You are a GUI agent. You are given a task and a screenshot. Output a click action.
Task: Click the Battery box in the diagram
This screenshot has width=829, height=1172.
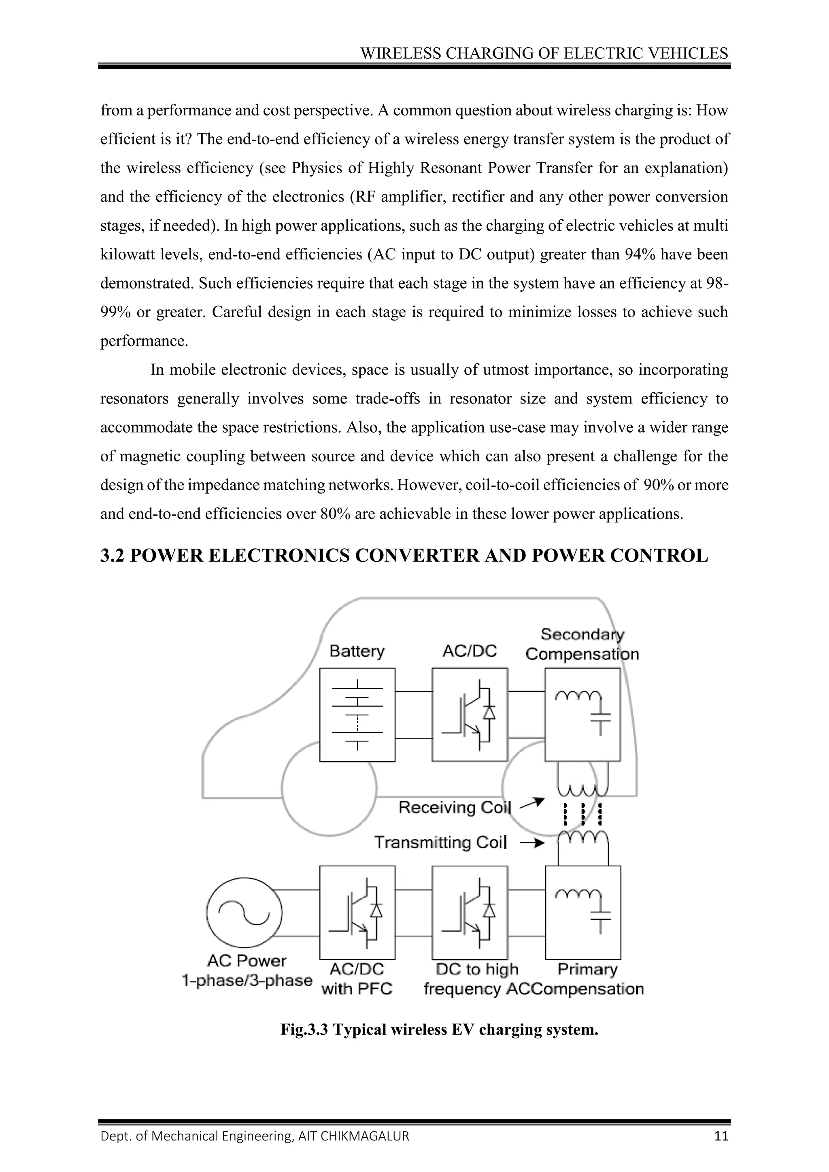click(x=357, y=714)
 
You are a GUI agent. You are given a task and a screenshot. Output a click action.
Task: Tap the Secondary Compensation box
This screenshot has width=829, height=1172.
click(x=583, y=714)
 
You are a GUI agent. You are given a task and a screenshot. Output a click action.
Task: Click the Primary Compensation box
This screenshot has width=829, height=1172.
click(x=583, y=912)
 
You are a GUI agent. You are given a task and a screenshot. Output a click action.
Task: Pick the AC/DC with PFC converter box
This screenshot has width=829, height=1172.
click(x=357, y=912)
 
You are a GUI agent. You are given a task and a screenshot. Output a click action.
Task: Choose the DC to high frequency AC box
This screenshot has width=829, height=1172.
click(x=470, y=912)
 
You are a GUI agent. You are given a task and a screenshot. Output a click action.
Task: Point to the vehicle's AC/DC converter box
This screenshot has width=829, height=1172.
click(x=470, y=714)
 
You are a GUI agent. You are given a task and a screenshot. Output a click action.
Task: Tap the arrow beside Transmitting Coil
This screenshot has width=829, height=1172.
click(x=532, y=844)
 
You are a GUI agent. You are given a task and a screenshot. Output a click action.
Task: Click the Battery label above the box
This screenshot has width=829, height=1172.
click(x=357, y=651)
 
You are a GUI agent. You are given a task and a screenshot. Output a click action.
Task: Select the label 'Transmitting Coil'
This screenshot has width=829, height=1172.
click(x=440, y=842)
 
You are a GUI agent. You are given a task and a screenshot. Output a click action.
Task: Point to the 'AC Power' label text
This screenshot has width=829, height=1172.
click(x=247, y=960)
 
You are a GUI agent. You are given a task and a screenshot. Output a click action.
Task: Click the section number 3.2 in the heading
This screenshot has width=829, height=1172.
click(x=112, y=555)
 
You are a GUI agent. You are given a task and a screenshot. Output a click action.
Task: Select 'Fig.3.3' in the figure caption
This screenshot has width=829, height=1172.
click(x=304, y=1029)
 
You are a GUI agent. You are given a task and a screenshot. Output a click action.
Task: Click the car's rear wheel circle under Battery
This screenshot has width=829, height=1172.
click(x=329, y=789)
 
